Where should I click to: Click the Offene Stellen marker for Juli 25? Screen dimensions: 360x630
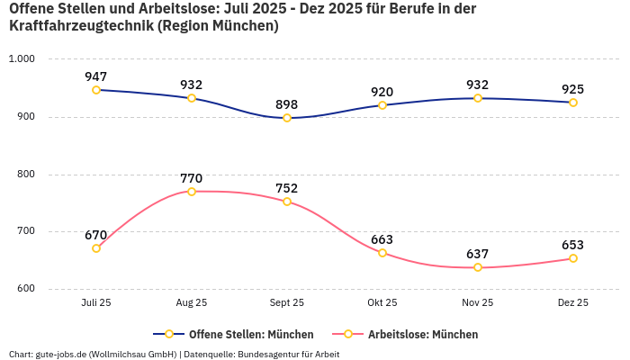click(96, 90)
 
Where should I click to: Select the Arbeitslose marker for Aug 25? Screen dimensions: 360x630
click(192, 192)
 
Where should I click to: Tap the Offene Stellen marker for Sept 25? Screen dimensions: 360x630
click(287, 118)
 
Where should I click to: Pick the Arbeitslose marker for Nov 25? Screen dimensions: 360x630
click(478, 267)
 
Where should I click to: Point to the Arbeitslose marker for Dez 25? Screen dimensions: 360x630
click(573, 258)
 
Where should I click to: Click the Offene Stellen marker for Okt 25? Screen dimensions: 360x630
click(382, 105)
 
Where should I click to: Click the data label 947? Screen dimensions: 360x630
click(96, 76)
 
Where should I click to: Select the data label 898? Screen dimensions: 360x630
click(287, 104)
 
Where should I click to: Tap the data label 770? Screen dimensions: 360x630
click(192, 178)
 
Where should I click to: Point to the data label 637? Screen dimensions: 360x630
click(478, 254)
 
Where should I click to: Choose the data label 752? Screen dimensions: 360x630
click(287, 188)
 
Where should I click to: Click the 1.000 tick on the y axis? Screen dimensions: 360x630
click(21, 58)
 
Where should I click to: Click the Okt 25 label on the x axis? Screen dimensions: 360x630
click(382, 303)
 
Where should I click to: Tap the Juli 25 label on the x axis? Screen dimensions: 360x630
click(96, 303)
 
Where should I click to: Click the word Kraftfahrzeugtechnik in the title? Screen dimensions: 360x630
click(81, 26)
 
